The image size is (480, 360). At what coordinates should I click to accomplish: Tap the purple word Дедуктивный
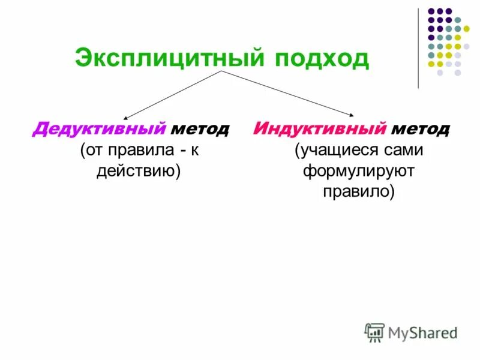(99, 129)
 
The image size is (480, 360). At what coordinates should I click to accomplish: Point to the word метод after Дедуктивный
(200, 129)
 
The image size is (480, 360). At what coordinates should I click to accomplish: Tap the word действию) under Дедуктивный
(139, 171)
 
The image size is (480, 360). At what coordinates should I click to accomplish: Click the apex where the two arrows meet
(223, 71)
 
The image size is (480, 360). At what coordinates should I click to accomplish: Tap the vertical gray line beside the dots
(418, 48)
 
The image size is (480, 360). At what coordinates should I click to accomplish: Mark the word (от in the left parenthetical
(92, 150)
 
